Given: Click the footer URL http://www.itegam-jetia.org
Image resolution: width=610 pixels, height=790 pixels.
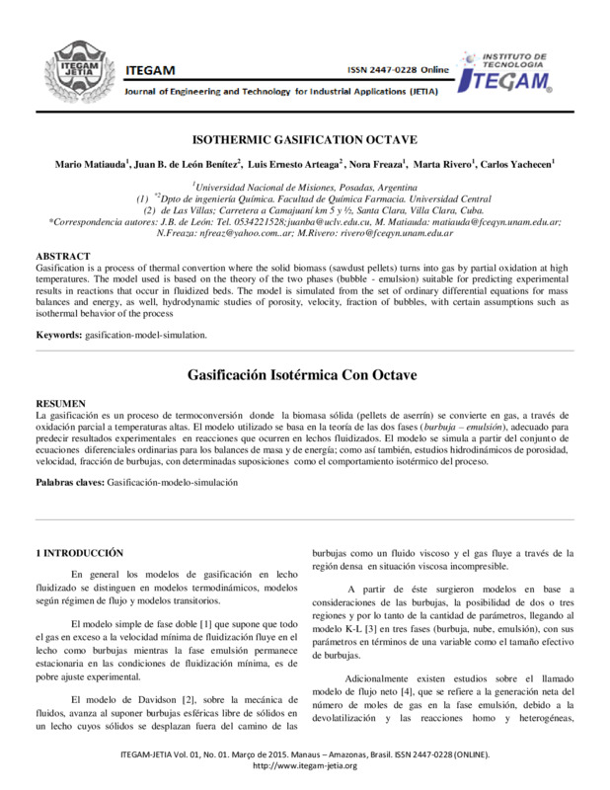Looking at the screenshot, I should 305,765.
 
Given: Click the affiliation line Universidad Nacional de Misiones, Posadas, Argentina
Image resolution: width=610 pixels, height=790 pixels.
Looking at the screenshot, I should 305,187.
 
